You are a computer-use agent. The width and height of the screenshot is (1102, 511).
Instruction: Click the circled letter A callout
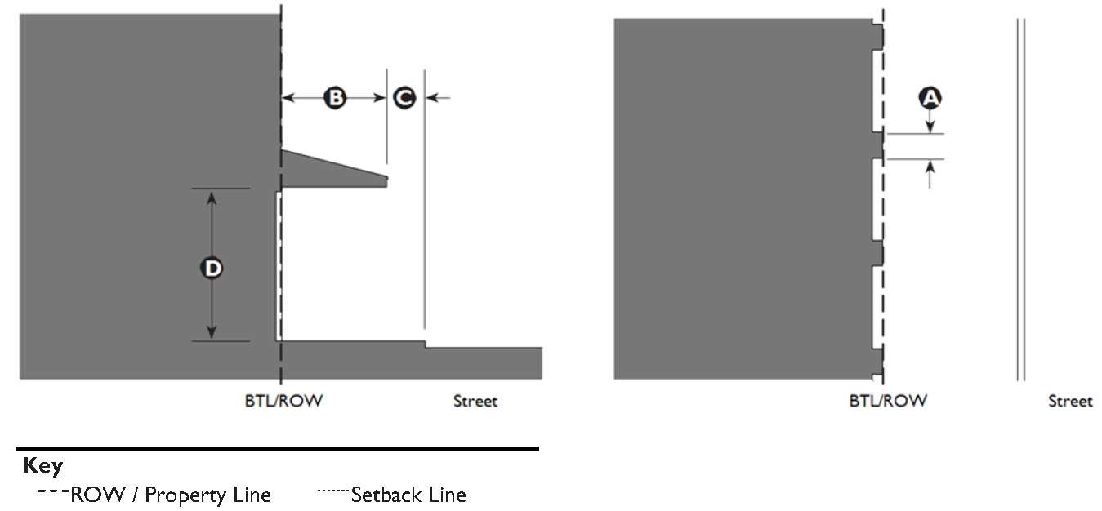930,99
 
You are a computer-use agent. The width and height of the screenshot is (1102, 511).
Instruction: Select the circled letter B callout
335,98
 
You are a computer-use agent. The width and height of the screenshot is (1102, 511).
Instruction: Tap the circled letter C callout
404,98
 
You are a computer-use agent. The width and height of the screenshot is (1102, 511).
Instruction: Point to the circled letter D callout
212,267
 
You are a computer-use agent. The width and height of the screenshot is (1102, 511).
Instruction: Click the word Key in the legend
42,466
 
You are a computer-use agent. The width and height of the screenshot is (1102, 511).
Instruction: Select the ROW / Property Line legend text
171,495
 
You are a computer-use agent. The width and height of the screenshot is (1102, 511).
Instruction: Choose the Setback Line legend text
408,495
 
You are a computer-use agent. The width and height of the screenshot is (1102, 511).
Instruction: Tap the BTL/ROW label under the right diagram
888,401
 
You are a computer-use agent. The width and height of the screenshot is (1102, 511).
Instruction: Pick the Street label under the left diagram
475,401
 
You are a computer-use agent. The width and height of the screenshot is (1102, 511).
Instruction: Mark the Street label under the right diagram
1070,401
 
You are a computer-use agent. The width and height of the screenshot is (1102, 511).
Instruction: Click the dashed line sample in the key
52,491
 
